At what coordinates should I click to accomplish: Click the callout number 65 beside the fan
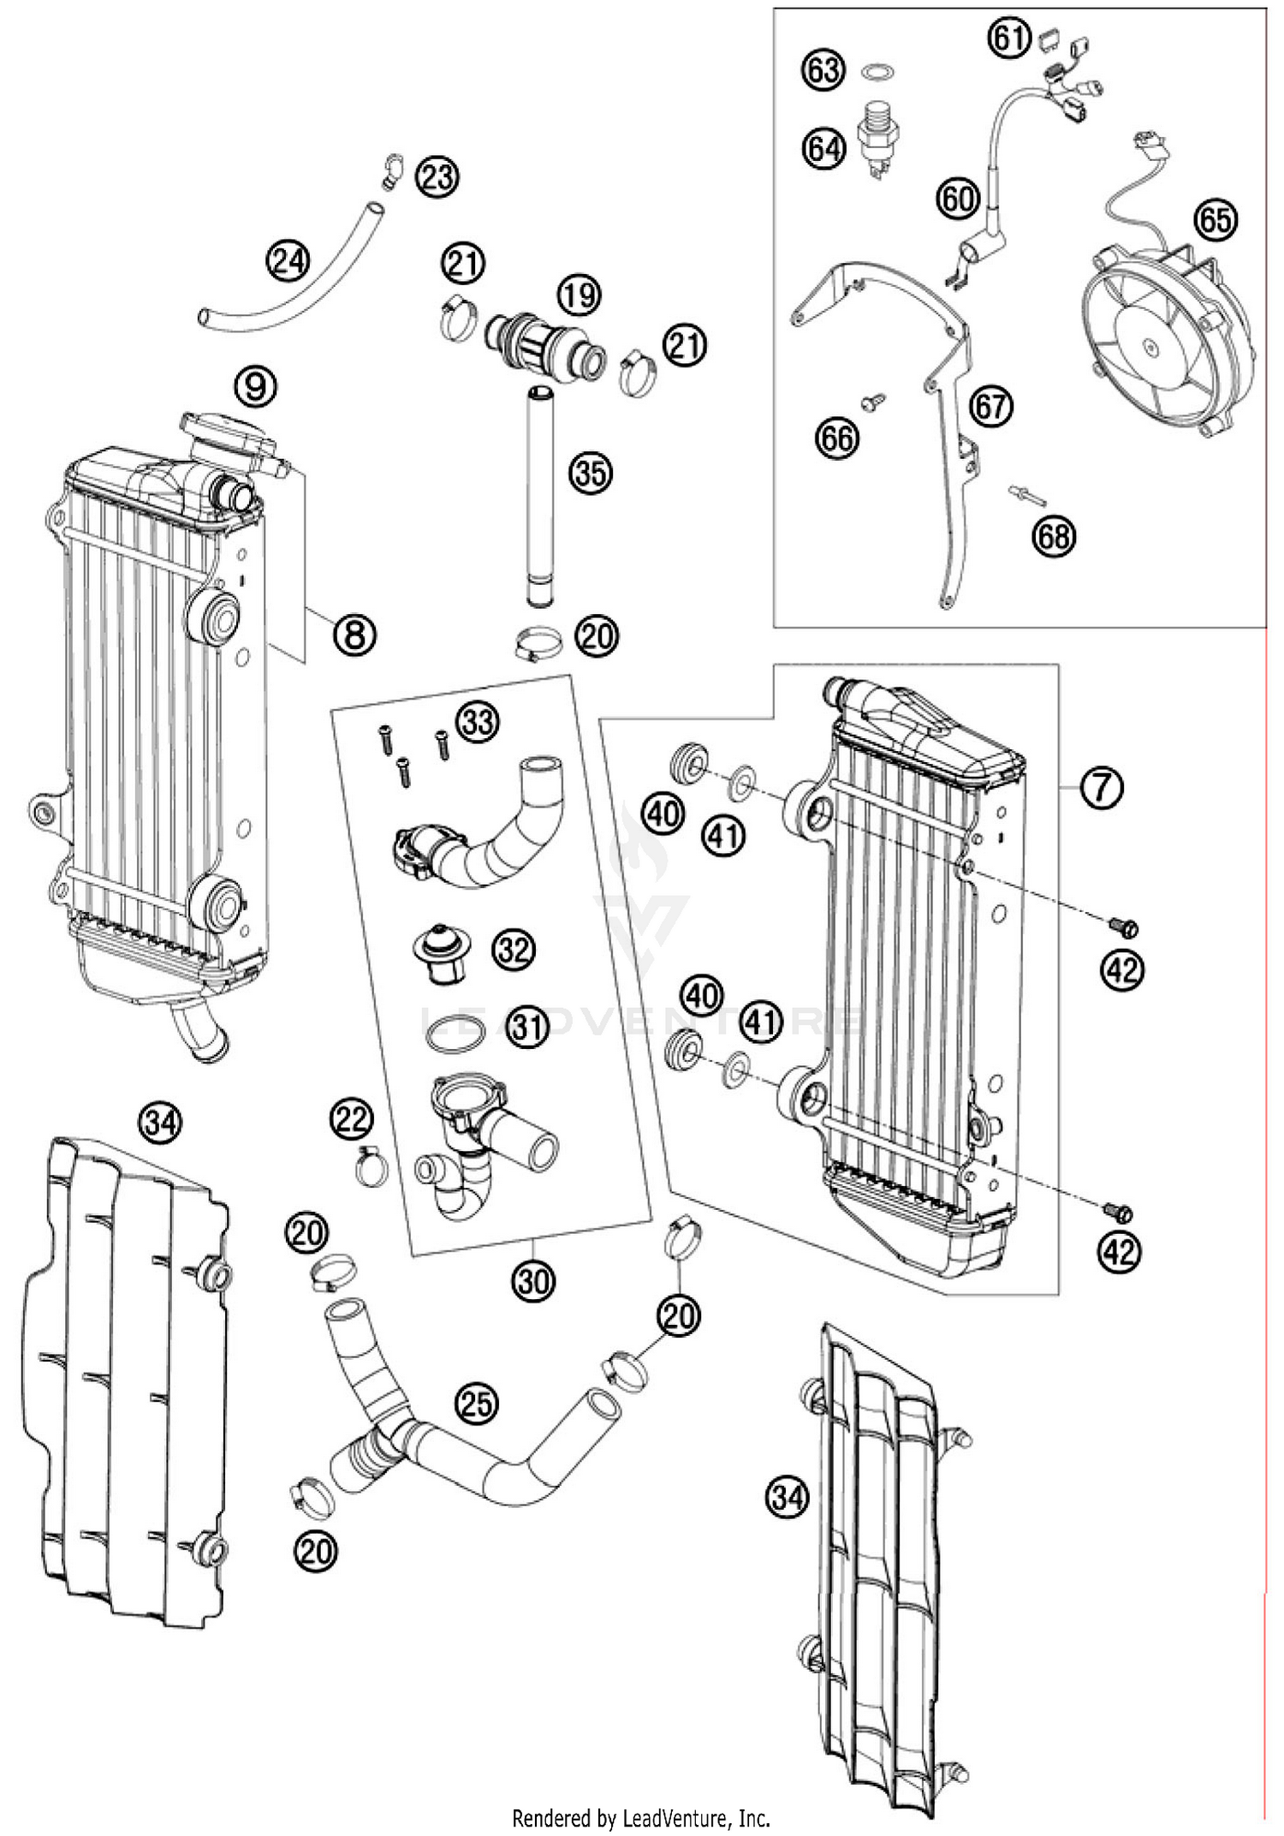[x=1216, y=221]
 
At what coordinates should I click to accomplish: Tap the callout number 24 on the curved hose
[x=288, y=259]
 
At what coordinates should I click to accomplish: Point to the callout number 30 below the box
[x=533, y=1282]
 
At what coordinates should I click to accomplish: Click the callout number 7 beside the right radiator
[x=1100, y=786]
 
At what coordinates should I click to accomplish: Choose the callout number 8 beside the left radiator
[x=354, y=635]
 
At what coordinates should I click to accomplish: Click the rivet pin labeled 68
[x=1025, y=493]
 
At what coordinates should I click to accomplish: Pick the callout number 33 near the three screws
[x=478, y=721]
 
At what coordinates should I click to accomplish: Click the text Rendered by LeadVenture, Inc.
[x=641, y=1817]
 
